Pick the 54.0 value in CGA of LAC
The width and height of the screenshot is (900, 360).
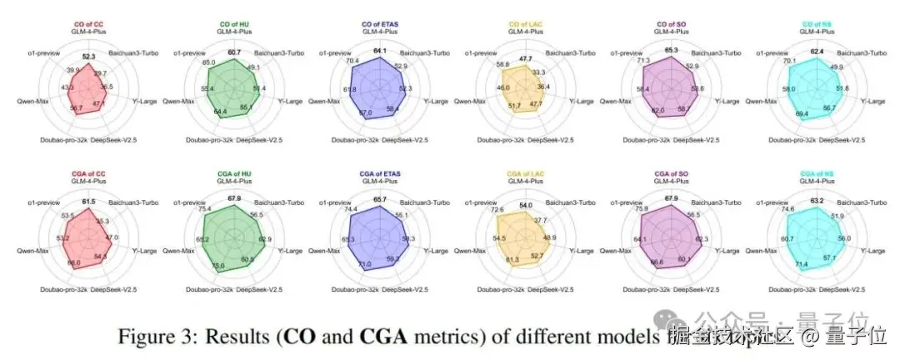[x=527, y=205]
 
